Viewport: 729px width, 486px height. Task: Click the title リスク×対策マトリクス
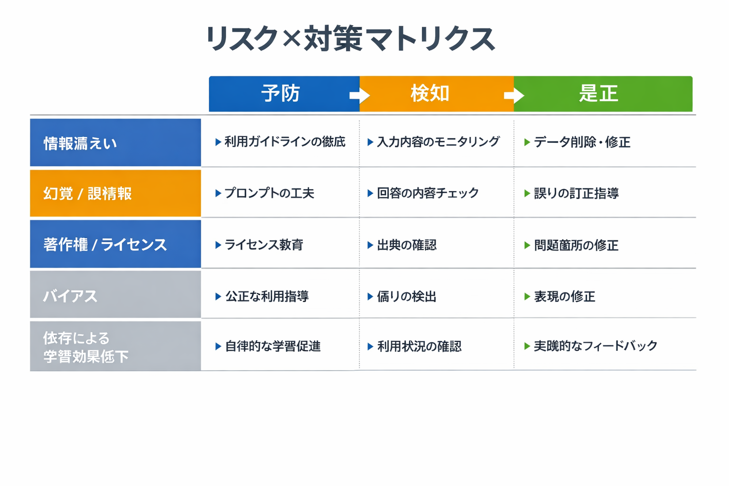point(350,39)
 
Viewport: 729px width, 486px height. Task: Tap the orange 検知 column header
point(430,93)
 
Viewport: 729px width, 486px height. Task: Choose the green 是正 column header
point(598,93)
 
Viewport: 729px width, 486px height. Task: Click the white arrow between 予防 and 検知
point(360,95)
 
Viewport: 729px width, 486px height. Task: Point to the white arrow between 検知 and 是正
point(514,95)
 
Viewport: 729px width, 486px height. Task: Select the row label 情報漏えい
point(115,143)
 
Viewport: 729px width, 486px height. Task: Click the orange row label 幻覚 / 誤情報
point(115,194)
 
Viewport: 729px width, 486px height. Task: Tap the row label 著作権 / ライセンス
point(115,244)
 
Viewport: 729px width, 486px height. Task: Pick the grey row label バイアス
point(115,295)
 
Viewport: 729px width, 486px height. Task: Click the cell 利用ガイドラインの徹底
point(285,142)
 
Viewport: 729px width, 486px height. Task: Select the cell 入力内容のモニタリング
point(438,142)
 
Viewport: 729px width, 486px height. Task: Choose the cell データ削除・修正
point(582,142)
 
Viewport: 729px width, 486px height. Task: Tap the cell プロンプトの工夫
point(269,193)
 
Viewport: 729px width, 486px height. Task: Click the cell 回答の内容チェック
point(427,193)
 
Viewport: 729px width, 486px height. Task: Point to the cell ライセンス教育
point(263,245)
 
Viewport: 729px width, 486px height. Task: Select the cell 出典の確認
point(406,245)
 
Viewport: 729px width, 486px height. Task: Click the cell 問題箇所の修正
point(576,245)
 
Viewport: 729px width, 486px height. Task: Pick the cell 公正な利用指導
point(267,297)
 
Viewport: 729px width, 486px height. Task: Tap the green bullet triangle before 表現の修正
point(527,297)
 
